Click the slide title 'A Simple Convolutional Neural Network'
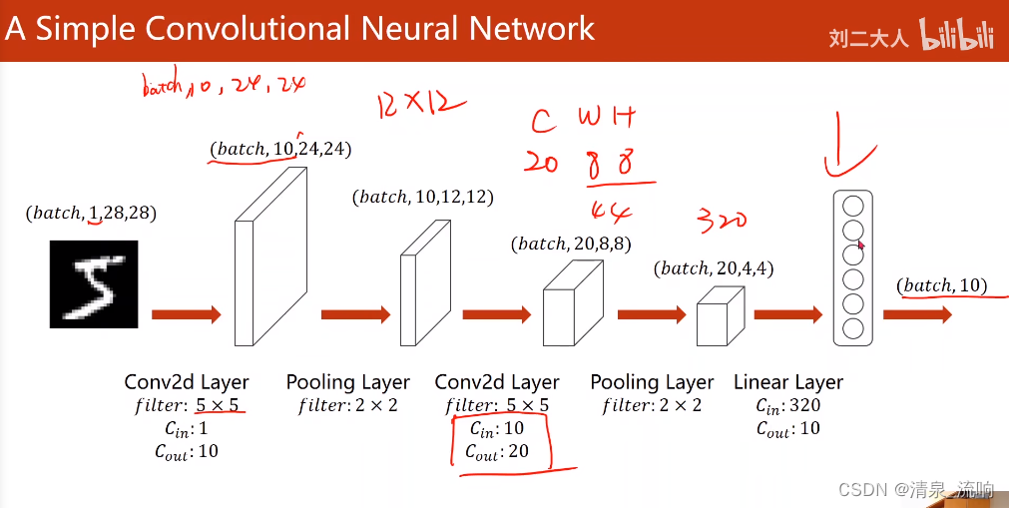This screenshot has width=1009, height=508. point(300,28)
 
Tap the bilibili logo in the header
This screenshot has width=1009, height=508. point(957,37)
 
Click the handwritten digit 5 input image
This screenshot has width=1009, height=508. point(94,283)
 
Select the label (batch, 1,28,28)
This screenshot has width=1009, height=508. point(91,213)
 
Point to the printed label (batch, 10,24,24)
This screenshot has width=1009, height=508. point(280,149)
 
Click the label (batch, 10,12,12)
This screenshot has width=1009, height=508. point(422,197)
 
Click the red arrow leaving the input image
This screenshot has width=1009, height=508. point(186,314)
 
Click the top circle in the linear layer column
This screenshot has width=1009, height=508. point(852,207)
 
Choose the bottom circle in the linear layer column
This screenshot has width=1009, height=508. point(852,327)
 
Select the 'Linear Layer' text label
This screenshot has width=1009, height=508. point(788,382)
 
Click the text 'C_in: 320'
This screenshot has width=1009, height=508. point(787,406)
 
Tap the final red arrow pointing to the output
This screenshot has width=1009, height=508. point(916,314)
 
